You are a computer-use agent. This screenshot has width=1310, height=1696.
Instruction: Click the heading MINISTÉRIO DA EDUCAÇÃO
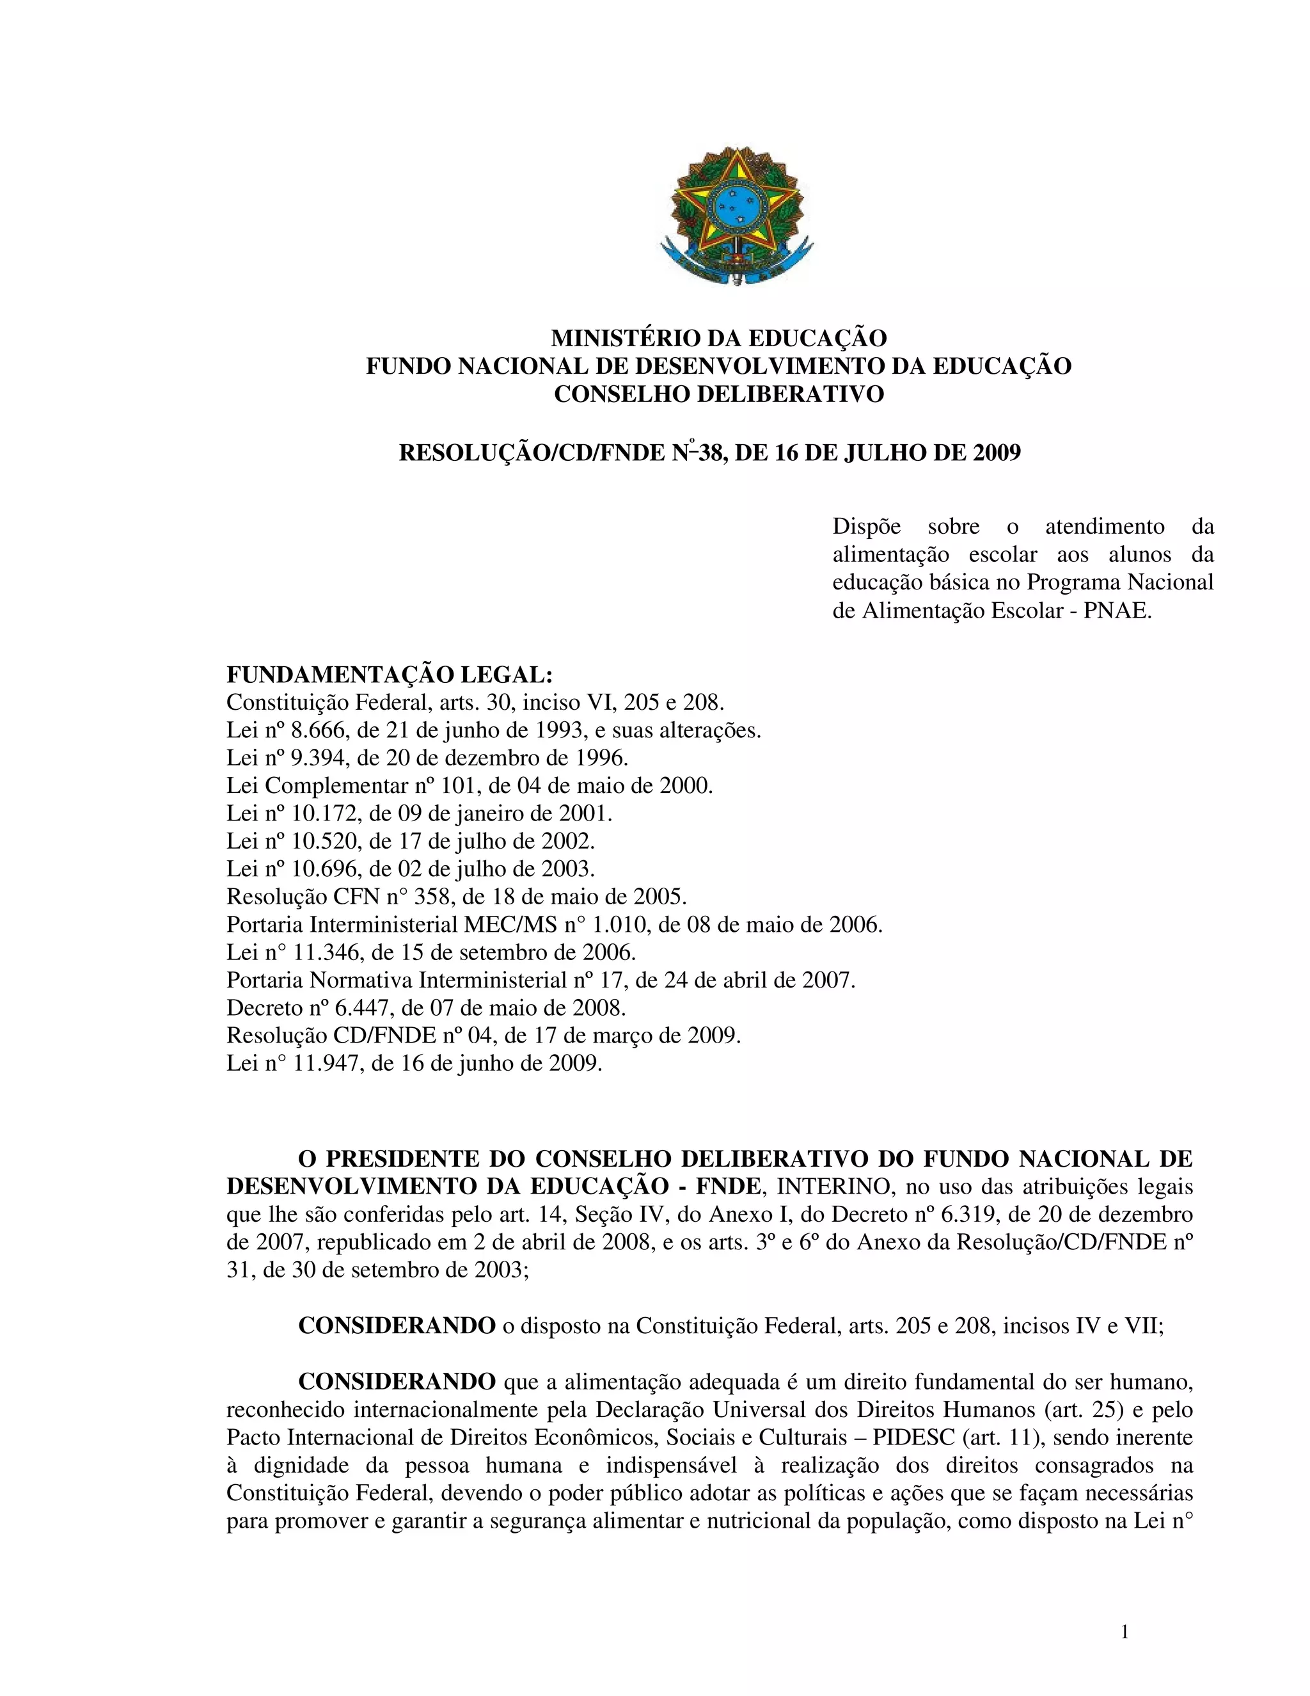tap(718, 339)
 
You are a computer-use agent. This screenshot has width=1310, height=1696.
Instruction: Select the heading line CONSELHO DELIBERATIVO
tap(718, 394)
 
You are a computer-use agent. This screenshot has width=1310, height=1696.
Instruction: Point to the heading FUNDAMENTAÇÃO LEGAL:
tap(390, 674)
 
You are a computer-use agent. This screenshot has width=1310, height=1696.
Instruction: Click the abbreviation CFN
tap(354, 897)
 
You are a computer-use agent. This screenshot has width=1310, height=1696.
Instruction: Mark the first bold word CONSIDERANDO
tap(397, 1325)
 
